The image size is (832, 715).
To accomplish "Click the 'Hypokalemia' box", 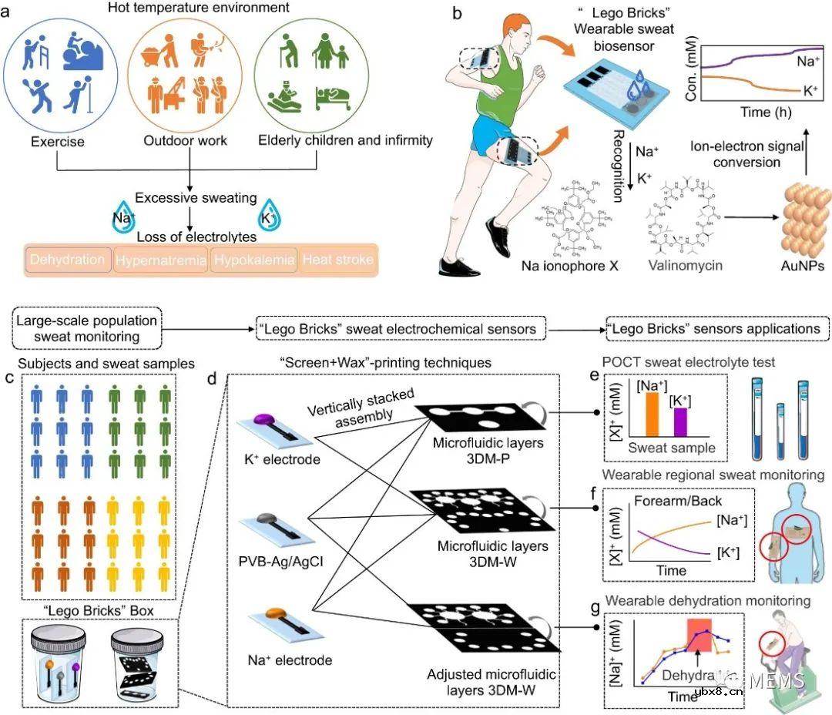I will [254, 260].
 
